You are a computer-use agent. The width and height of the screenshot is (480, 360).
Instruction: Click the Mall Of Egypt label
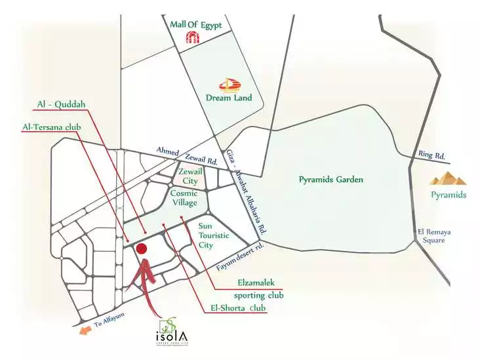pyautogui.click(x=196, y=26)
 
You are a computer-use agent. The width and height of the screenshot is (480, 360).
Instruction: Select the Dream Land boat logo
pyautogui.click(x=229, y=85)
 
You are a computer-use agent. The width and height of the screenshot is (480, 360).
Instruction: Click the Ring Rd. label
pyautogui.click(x=431, y=156)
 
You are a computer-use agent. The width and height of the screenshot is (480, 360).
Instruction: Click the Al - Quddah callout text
pyautogui.click(x=68, y=104)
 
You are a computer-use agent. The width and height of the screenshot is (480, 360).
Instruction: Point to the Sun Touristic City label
pyautogui.click(x=214, y=235)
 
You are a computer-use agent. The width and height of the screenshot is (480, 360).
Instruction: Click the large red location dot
pyautogui.click(x=141, y=249)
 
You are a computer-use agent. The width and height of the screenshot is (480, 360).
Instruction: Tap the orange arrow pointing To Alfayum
pyautogui.click(x=84, y=330)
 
